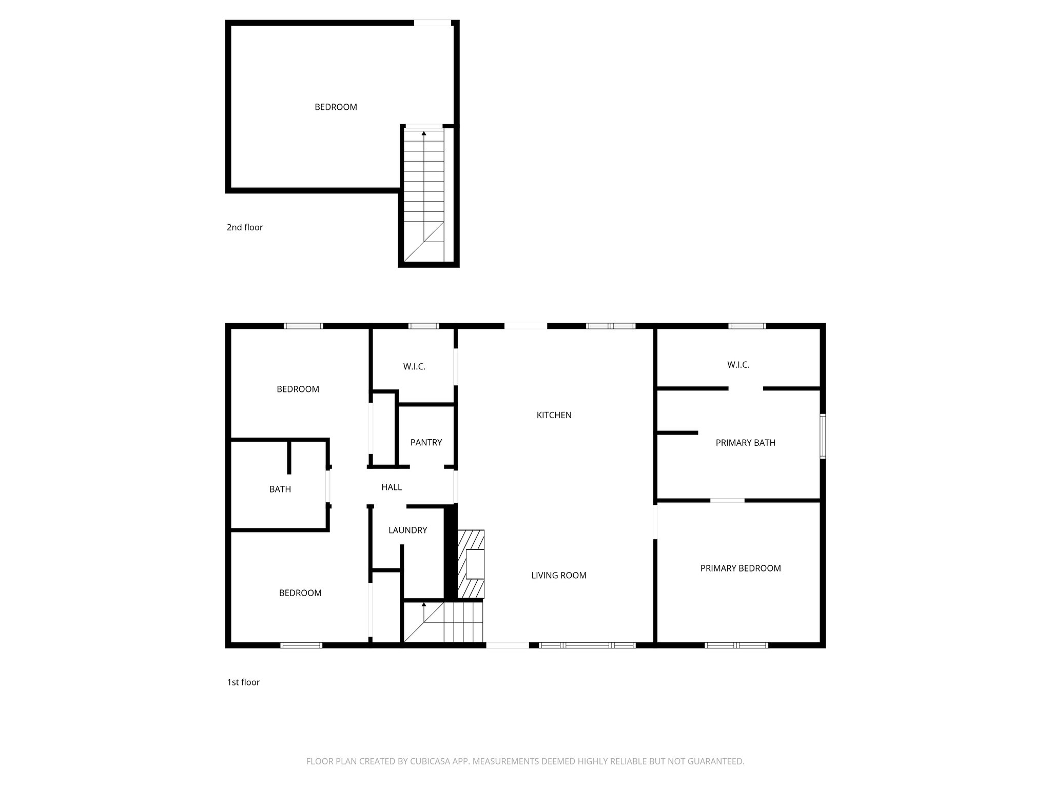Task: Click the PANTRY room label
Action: click(426, 442)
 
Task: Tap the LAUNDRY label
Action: click(407, 530)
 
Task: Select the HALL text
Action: click(392, 487)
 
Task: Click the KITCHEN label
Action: click(554, 415)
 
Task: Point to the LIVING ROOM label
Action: click(558, 575)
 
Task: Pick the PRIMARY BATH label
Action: click(745, 442)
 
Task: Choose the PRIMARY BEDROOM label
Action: click(741, 568)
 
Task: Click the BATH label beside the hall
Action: click(280, 489)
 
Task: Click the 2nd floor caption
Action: click(245, 227)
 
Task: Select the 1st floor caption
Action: click(243, 682)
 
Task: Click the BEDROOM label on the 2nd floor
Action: click(336, 107)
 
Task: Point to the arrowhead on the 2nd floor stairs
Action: click(424, 133)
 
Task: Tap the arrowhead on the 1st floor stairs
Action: click(424, 605)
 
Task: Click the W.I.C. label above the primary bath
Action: click(738, 365)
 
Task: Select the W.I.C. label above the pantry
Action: click(414, 366)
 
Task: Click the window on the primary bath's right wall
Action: click(822, 436)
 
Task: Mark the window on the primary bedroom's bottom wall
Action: click(736, 645)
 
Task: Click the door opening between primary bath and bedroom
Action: click(727, 500)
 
